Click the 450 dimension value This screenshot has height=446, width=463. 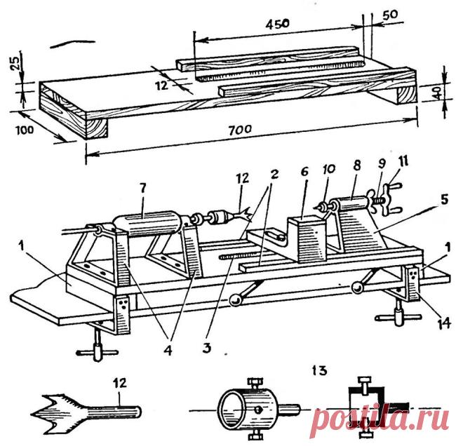pos(277,24)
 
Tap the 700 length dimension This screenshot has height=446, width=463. pos(241,129)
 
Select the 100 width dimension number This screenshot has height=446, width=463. pos(25,130)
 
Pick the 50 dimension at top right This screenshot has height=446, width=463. pos(390,15)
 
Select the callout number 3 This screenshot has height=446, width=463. pos(206,348)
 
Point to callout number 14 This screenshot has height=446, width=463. pos(442,323)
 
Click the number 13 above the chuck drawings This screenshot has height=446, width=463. pos(321,370)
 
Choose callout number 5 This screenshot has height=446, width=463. pos(443,200)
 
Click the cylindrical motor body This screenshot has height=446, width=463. pos(147,224)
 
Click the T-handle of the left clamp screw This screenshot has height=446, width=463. pos(97,352)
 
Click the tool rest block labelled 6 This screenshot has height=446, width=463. pos(307,239)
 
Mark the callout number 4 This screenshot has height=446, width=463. pos(168,351)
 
